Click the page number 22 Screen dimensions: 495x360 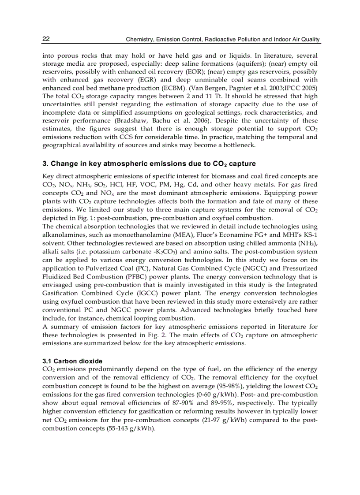[x=46, y=39]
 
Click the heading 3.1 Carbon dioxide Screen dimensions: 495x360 [x=72, y=361]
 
